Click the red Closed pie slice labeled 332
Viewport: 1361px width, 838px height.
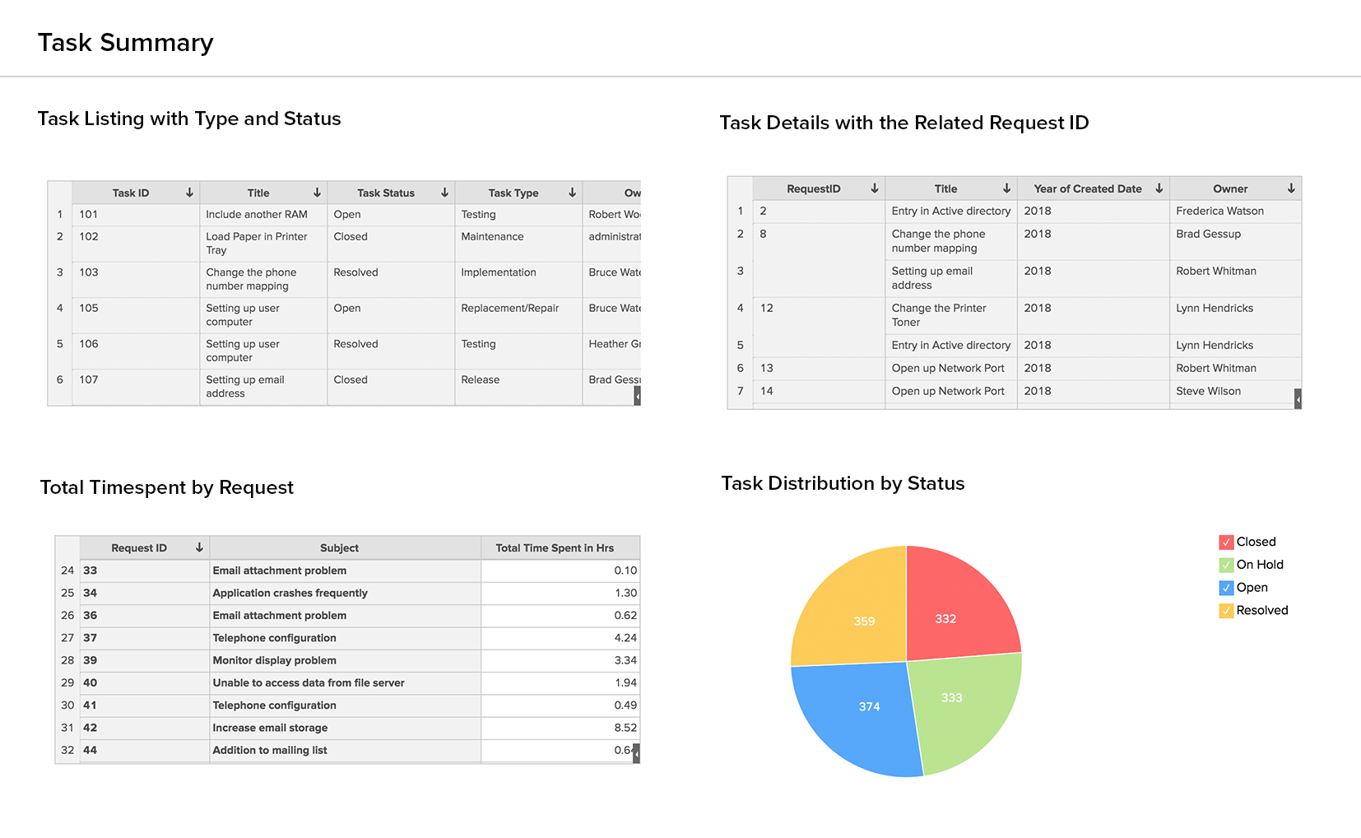tap(955, 609)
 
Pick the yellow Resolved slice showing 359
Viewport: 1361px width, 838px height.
tap(856, 613)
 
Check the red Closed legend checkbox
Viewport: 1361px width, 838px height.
tap(1226, 542)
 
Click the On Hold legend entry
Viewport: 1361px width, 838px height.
tap(1259, 565)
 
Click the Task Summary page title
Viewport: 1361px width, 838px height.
tap(126, 43)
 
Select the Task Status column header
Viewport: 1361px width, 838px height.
tap(386, 193)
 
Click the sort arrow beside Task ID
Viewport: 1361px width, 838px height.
tap(189, 193)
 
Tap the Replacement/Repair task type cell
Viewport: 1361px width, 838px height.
tap(509, 308)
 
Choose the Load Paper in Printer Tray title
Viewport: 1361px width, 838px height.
tap(257, 243)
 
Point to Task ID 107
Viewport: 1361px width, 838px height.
tap(89, 379)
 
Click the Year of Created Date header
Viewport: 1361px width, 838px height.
tap(1087, 189)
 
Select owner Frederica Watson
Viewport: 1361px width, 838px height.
tap(1219, 211)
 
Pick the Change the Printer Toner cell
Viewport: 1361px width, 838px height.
tap(939, 314)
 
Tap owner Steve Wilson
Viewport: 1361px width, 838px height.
tap(1208, 391)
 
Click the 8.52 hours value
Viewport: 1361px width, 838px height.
tap(625, 728)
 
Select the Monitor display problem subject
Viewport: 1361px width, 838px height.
tap(274, 660)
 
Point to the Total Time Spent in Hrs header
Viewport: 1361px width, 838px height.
tap(555, 548)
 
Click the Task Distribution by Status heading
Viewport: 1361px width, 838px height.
tap(843, 483)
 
